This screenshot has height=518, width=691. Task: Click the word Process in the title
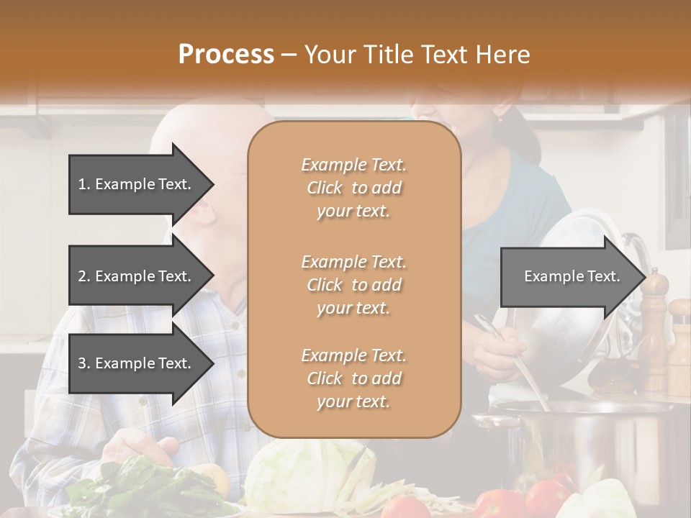[x=226, y=55]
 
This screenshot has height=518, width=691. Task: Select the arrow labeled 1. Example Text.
[x=137, y=184]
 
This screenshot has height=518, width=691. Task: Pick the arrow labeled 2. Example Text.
[x=137, y=276]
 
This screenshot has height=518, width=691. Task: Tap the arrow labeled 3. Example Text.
[x=137, y=363]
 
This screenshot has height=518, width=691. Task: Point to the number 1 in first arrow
[x=82, y=184]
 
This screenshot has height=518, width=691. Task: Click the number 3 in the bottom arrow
[x=82, y=363]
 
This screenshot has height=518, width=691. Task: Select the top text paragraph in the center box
[x=353, y=188]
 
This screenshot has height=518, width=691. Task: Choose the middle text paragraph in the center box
[x=353, y=285]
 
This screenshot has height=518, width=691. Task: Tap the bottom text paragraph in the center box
[x=353, y=378]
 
